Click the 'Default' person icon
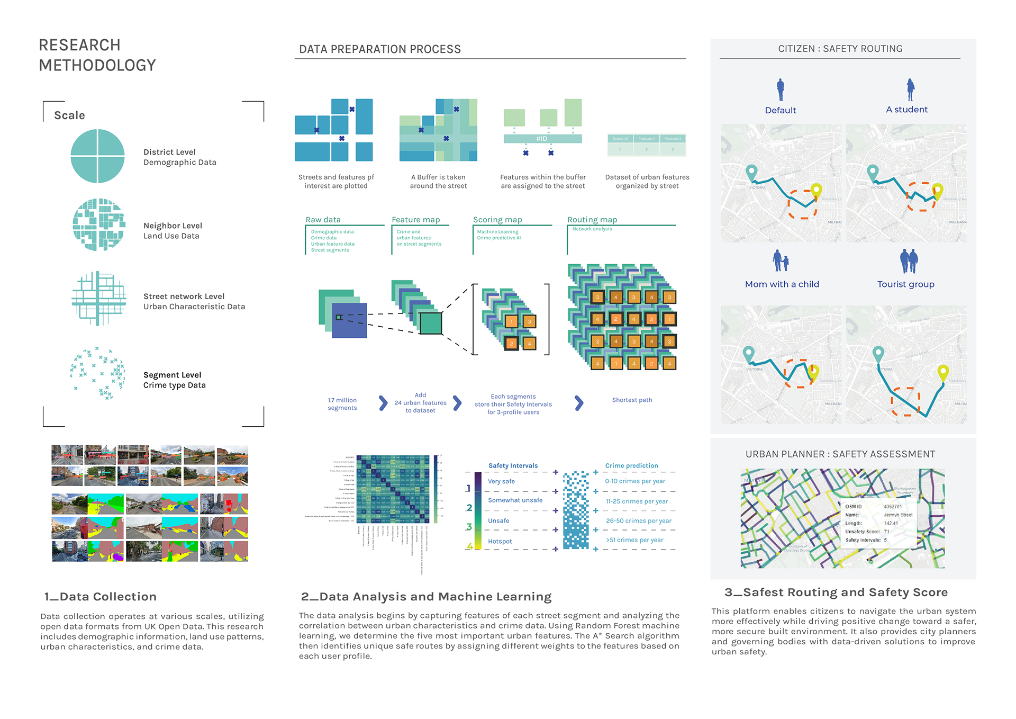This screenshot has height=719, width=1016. (780, 90)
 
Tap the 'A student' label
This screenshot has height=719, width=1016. (906, 110)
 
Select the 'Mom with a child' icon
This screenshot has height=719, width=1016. (781, 261)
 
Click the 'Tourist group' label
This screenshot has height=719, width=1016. (905, 284)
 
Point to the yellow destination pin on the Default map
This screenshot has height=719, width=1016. (816, 190)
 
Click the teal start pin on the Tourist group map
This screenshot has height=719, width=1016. (878, 353)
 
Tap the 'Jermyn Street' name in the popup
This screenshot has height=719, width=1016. (898, 515)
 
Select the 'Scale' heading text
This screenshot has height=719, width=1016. (69, 115)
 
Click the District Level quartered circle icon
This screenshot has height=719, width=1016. (97, 156)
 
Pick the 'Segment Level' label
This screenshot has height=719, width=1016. (172, 375)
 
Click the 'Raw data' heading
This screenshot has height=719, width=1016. (323, 220)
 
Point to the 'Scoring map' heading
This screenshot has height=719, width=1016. (497, 220)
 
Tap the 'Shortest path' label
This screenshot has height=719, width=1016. (632, 400)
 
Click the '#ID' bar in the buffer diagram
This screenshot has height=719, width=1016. (542, 139)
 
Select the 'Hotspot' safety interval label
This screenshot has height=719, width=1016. (500, 541)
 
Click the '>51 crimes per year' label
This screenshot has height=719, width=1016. (634, 540)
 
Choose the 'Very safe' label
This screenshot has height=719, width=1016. (501, 481)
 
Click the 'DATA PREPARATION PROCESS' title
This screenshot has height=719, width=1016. (379, 49)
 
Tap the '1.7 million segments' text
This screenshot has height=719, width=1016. (342, 404)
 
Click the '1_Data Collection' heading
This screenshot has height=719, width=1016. (100, 597)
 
